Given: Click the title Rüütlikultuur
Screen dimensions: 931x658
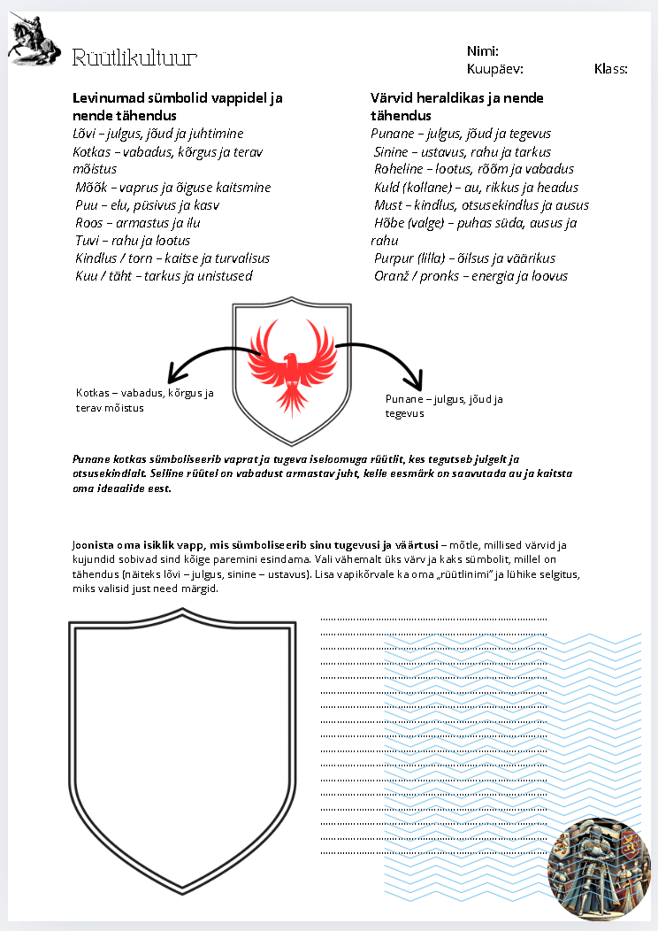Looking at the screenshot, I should coord(134,58).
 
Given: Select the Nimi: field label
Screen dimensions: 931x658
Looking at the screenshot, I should coord(483,50).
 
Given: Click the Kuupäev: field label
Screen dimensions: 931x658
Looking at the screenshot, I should coord(495,68).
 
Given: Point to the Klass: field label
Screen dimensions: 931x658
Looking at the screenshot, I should coord(610,68).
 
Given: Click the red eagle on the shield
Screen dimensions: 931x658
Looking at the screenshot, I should coord(293,366).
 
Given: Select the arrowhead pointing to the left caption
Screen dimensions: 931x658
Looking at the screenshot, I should coord(176,374).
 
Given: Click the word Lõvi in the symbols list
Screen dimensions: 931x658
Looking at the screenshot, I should coord(86,134).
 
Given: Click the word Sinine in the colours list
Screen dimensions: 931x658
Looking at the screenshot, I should coord(391,151).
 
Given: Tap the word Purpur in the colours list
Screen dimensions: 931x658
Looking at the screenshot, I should coord(394,258).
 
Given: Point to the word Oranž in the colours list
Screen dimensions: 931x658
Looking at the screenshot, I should coord(392,276).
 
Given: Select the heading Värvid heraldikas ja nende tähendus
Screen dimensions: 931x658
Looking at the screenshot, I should coord(457,106).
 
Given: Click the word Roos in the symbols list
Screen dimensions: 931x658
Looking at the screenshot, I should coord(89,222).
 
